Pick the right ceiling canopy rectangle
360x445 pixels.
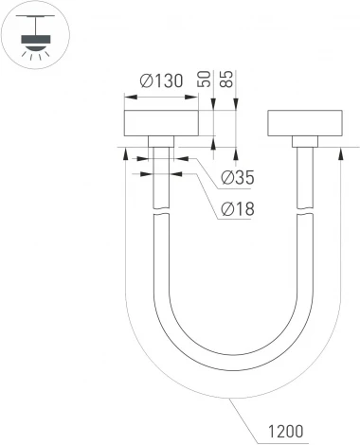304,125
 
